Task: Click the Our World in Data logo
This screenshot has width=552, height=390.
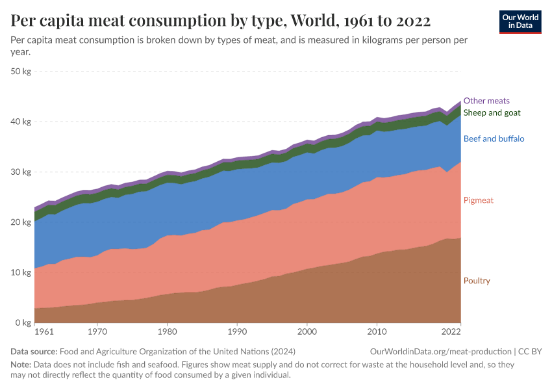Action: click(x=520, y=21)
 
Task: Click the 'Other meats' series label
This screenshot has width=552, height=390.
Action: click(x=486, y=101)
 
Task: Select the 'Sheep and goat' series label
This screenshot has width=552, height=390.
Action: click(x=492, y=112)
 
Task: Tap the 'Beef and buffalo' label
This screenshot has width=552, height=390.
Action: click(x=494, y=138)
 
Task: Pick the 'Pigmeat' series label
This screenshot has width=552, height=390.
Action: click(x=479, y=200)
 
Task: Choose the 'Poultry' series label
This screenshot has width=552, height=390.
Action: click(x=477, y=281)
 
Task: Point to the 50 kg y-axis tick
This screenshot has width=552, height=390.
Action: click(x=21, y=71)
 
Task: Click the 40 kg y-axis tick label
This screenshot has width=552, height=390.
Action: click(x=21, y=122)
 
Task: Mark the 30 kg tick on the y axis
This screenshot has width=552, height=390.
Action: click(x=21, y=172)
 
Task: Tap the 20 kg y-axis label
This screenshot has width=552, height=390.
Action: click(x=21, y=222)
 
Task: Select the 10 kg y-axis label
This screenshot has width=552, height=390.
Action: click(x=21, y=273)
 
